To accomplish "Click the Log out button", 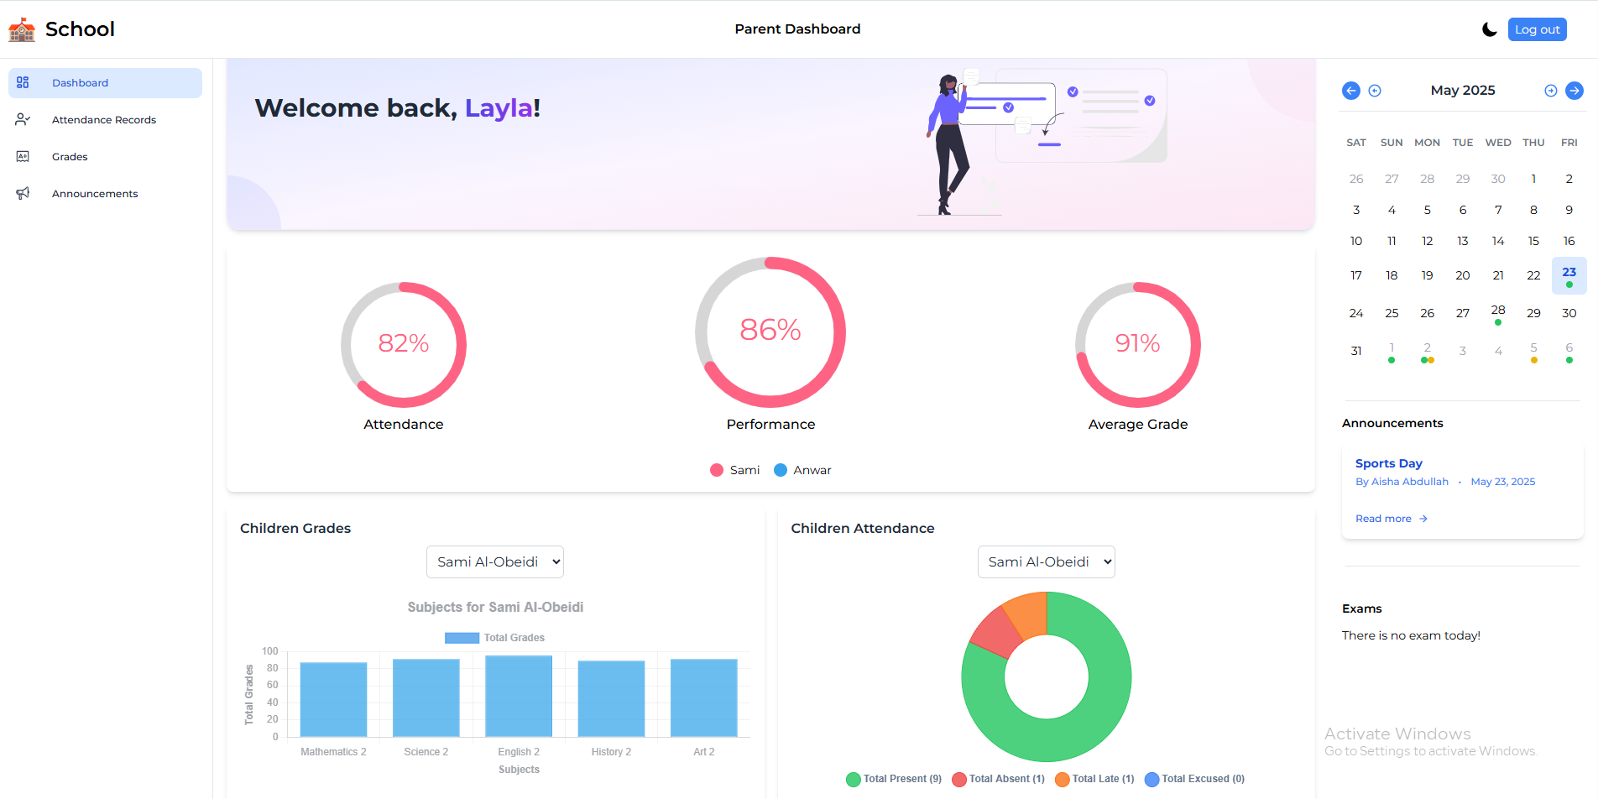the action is pyautogui.click(x=1537, y=29).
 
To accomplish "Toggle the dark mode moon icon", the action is pyautogui.click(x=1490, y=29).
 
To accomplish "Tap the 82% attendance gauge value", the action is pyautogui.click(x=404, y=343).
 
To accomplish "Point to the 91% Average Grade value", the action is pyautogui.click(x=1137, y=343).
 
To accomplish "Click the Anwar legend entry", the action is pyautogui.click(x=802, y=470).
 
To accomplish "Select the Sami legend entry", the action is pyautogui.click(x=735, y=470).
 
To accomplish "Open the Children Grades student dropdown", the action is pyautogui.click(x=495, y=562).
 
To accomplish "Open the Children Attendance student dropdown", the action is pyautogui.click(x=1047, y=562).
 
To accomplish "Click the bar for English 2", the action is pyautogui.click(x=519, y=697).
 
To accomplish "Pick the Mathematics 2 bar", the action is pyautogui.click(x=333, y=700).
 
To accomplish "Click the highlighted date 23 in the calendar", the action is pyautogui.click(x=1569, y=275).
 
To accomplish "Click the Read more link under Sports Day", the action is pyautogui.click(x=1392, y=519).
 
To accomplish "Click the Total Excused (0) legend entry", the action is pyautogui.click(x=1194, y=779).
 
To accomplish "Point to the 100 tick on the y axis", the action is pyautogui.click(x=270, y=651).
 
